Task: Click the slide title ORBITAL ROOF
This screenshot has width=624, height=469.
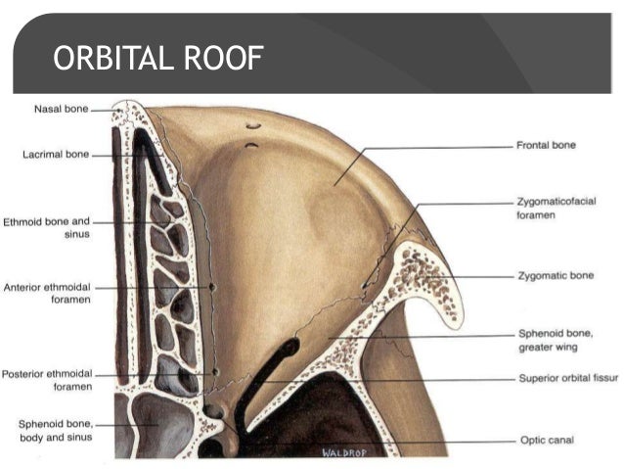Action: click(x=157, y=61)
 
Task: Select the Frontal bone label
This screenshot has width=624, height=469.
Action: click(x=546, y=145)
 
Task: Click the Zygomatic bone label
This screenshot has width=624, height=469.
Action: click(x=555, y=277)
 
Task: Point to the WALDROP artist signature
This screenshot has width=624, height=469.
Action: click(x=340, y=452)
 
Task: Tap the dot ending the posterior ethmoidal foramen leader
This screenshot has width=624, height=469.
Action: click(x=214, y=373)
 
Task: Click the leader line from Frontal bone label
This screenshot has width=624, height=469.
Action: click(x=440, y=147)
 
